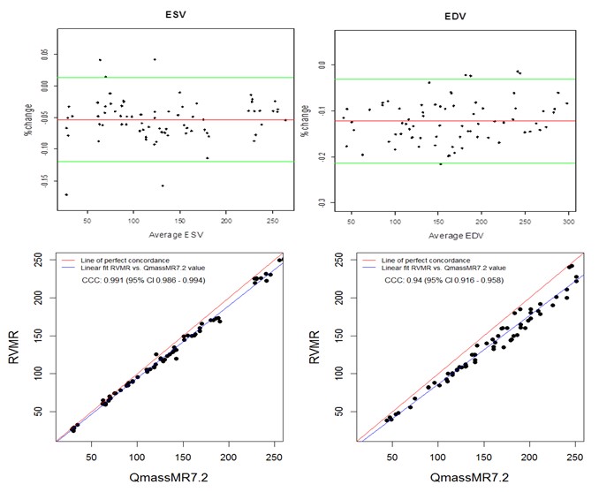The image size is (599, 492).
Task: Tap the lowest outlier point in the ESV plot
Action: [x=66, y=194]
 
